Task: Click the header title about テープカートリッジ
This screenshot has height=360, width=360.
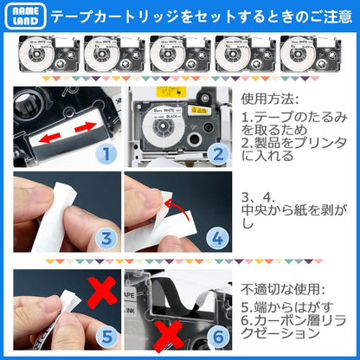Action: (x=201, y=16)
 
